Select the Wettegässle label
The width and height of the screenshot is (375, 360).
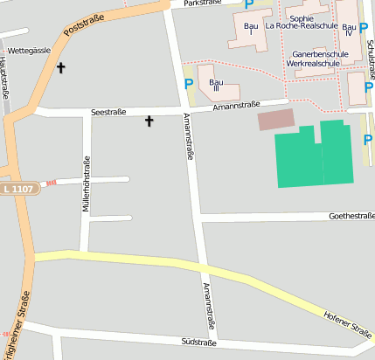pos(30,52)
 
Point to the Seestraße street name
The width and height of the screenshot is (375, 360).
pos(108,112)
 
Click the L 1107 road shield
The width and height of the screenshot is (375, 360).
pos(17,188)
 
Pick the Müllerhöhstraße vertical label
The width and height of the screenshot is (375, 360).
pos(86,183)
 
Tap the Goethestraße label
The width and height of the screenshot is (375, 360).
pos(351,215)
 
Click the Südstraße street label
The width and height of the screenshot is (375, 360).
pos(198,342)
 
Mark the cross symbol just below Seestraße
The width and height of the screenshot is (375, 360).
pos(149,121)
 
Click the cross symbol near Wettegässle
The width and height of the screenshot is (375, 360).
pos(61,67)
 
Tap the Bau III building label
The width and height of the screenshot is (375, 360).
pos(215,85)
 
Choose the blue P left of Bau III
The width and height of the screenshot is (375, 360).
pos(189,85)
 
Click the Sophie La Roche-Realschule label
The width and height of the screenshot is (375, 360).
pos(301,22)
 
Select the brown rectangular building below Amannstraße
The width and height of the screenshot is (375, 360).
pos(276,120)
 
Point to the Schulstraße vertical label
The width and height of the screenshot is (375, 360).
pos(371,62)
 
